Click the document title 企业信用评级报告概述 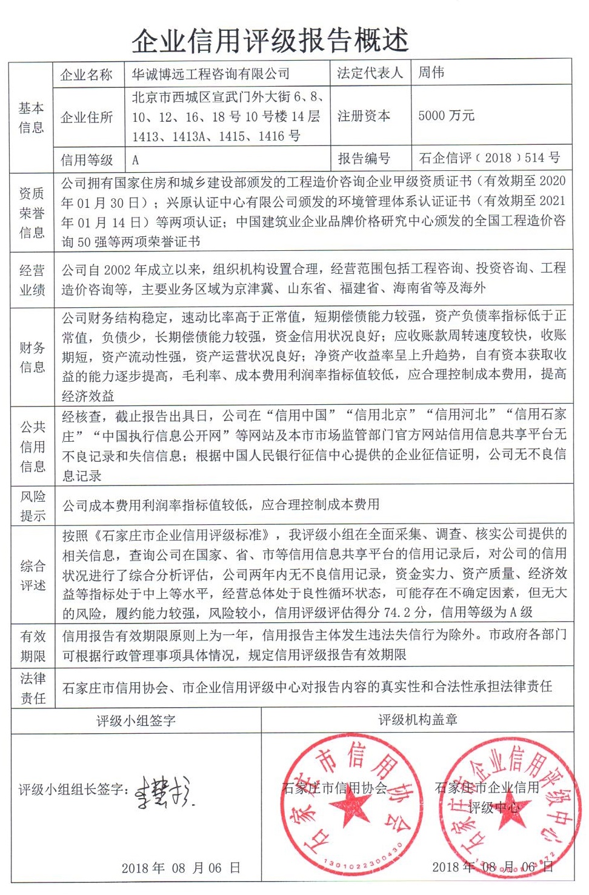coord(270,41)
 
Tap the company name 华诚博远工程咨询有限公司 coord(211,74)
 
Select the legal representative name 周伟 coord(431,73)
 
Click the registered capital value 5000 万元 coord(446,116)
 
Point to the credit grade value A coord(136,160)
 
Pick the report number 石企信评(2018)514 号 coord(489,158)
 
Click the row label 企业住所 coord(87,117)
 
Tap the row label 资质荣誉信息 coord(32,213)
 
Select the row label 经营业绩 coord(32,280)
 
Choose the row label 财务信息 coord(32,357)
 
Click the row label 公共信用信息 coord(32,447)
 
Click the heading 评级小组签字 coord(136,720)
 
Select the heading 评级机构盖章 coord(418,720)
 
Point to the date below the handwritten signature coord(181,868)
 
